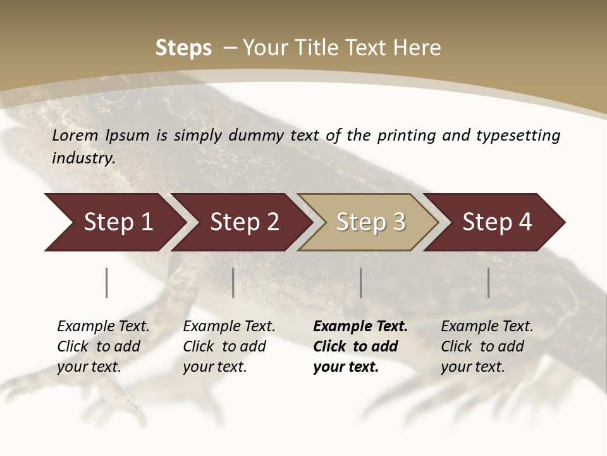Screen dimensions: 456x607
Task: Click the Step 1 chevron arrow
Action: tap(114, 222)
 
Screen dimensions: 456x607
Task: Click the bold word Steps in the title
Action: tap(183, 47)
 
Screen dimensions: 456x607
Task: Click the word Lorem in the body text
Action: tap(75, 135)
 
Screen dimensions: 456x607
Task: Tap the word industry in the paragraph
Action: tap(83, 158)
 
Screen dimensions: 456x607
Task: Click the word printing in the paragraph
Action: tap(407, 135)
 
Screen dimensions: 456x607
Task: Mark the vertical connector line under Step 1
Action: tap(107, 282)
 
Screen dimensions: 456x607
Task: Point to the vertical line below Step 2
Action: tap(233, 282)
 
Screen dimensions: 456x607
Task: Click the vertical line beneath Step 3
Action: tap(361, 282)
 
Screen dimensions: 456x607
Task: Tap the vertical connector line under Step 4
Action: tap(489, 282)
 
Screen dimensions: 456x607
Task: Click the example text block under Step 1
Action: tap(103, 346)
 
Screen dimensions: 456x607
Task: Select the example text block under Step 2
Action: tap(229, 346)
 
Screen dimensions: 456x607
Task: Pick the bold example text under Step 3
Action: tap(360, 346)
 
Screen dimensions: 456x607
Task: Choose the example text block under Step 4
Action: tap(487, 346)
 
